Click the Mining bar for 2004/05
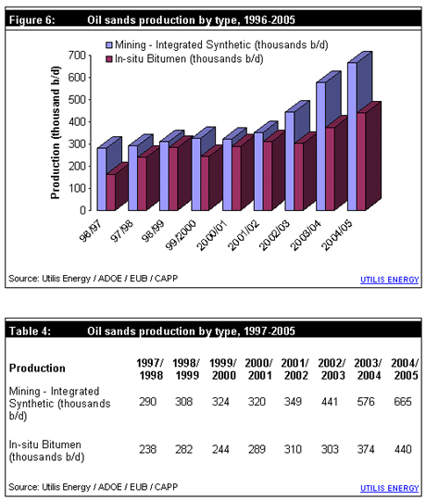pyautogui.click(x=352, y=136)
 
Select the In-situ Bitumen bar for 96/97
pyautogui.click(x=110, y=193)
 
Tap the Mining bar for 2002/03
pyautogui.click(x=290, y=161)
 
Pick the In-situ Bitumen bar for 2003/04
pyautogui.click(x=330, y=169)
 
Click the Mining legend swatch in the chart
pyautogui.click(x=108, y=45)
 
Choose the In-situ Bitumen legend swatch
pyautogui.click(x=108, y=59)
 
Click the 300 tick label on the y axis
pyautogui.click(x=77, y=144)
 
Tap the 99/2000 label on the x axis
pyautogui.click(x=181, y=234)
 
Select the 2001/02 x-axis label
pyautogui.click(x=243, y=235)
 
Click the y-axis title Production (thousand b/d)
pyautogui.click(x=56, y=132)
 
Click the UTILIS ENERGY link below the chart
pyautogui.click(x=389, y=280)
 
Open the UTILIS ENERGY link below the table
pyautogui.click(x=389, y=488)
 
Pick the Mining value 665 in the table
pyautogui.click(x=403, y=402)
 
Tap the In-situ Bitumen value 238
pyautogui.click(x=147, y=449)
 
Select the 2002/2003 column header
pyautogui.click(x=332, y=369)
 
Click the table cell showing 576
pyautogui.click(x=366, y=402)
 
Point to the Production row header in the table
pyautogui.click(x=37, y=369)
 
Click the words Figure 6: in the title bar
pyautogui.click(x=31, y=20)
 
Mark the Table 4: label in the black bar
pyautogui.click(x=30, y=331)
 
